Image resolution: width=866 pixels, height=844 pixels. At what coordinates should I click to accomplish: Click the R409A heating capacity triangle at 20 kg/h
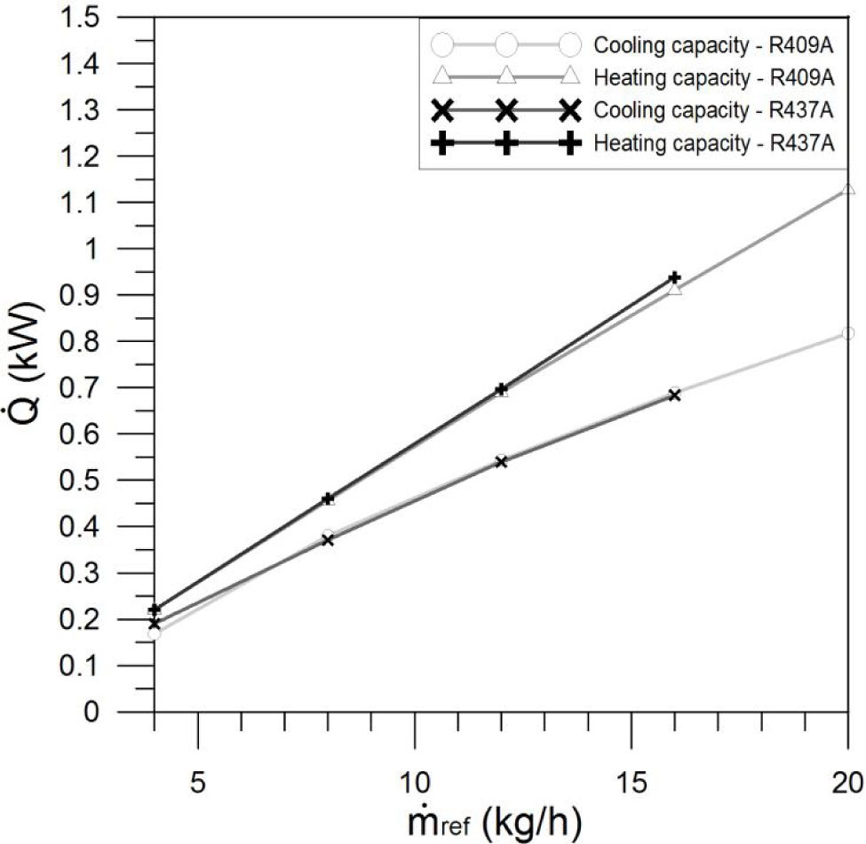(848, 189)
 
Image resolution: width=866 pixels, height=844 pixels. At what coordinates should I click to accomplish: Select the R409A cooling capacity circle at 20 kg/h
(848, 333)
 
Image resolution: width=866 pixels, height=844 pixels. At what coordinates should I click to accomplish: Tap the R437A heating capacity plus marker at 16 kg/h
(675, 278)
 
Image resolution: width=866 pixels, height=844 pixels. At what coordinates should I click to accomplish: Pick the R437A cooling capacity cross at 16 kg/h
(675, 394)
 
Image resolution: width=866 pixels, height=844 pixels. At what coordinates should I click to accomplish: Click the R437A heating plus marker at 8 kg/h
(328, 498)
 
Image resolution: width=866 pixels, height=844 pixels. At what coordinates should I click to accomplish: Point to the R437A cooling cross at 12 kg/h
(501, 461)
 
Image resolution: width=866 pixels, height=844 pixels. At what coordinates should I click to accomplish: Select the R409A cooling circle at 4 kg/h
(155, 633)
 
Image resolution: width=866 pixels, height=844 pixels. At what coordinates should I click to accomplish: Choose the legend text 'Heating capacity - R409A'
(714, 77)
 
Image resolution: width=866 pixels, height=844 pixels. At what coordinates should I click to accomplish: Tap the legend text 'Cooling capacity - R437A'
(714, 109)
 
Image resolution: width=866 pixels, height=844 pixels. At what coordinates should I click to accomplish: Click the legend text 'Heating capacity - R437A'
(714, 142)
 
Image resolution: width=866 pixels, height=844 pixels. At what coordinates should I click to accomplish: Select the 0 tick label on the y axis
(130, 712)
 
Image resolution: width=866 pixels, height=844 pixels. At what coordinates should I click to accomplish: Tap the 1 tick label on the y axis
(130, 250)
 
